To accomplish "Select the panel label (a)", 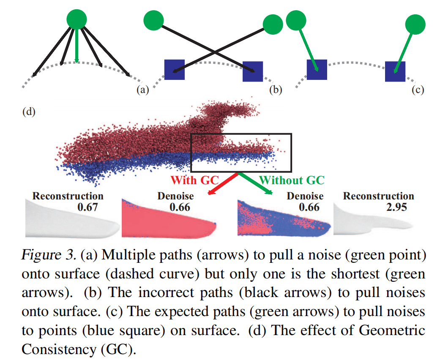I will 142,90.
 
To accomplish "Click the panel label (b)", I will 275,90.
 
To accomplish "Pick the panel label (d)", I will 29,112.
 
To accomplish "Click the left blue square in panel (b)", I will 174,69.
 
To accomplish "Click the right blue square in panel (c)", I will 395,71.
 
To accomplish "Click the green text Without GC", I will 292,180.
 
